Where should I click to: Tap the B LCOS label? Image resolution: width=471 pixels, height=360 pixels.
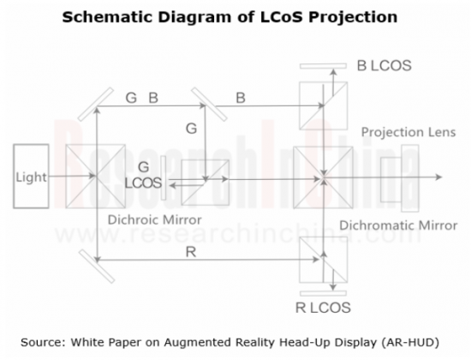click(384, 66)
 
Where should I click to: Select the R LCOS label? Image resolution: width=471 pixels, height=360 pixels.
click(323, 308)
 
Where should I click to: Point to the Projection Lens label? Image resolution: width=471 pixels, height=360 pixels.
click(408, 132)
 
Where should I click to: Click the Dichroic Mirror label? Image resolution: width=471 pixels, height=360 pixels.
click(154, 219)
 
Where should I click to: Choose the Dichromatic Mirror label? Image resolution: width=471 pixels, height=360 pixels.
click(398, 225)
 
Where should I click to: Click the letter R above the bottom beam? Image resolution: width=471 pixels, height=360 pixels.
click(191, 252)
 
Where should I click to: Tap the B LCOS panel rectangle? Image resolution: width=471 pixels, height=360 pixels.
click(323, 66)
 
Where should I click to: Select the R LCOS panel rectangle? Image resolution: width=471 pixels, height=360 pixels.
click(323, 293)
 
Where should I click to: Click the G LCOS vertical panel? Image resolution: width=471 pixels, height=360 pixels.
click(163, 177)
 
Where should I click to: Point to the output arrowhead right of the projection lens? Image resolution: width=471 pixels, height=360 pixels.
click(438, 177)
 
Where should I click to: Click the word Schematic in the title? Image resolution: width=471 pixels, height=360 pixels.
click(108, 17)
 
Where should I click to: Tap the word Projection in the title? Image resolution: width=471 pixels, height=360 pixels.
click(353, 17)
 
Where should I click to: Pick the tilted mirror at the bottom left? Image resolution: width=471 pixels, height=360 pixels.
click(97, 267)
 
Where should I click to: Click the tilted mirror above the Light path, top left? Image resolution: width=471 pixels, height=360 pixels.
click(96, 105)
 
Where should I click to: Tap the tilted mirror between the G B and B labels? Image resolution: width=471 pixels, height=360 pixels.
click(209, 105)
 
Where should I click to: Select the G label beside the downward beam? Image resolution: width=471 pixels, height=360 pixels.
click(191, 129)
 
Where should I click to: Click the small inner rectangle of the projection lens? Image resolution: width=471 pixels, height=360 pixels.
click(391, 179)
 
